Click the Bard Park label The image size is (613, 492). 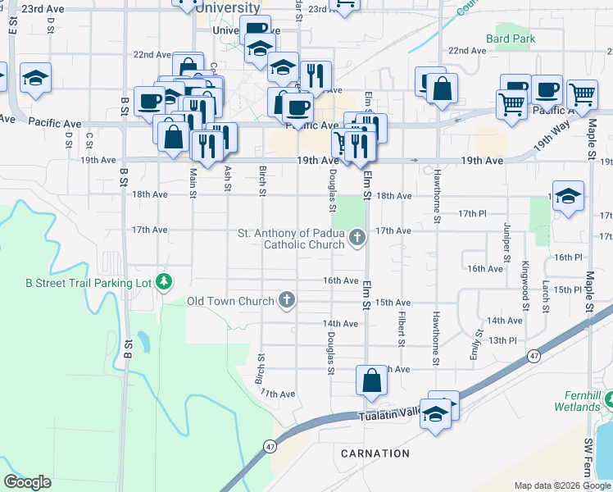510,39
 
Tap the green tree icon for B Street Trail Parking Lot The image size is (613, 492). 165,282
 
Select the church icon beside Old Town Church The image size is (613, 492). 287,301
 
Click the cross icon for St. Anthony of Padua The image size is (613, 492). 356,239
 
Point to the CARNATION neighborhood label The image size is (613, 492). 375,453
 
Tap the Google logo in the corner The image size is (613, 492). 27,482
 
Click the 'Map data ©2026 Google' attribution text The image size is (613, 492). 562,485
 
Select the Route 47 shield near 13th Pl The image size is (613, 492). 534,355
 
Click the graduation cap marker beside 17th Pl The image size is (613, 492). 568,197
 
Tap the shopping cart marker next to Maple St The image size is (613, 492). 582,94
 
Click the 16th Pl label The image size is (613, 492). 567,257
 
